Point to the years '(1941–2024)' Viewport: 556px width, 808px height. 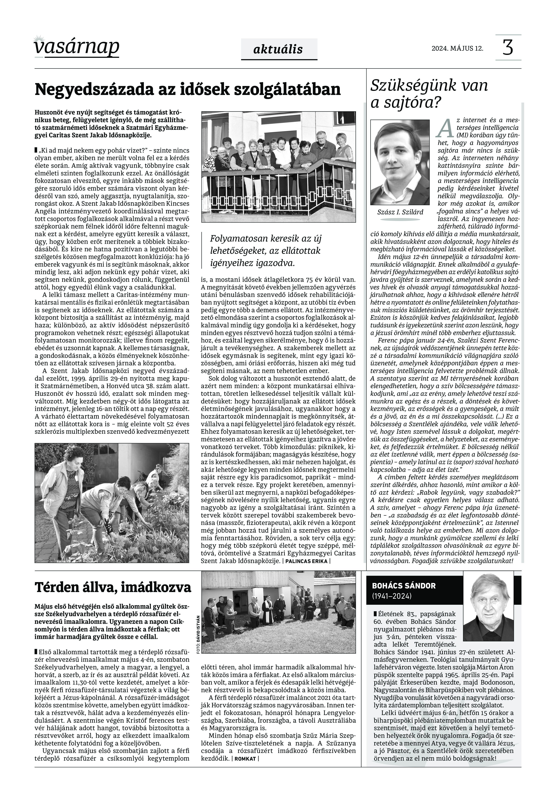click(x=392, y=596)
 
